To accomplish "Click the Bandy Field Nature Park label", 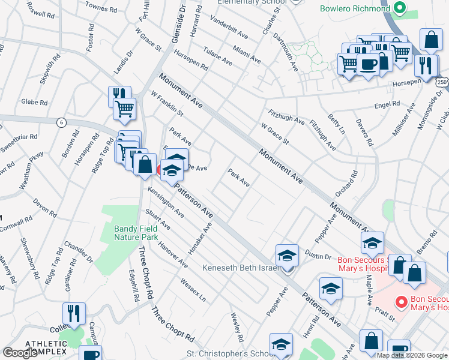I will (136, 233).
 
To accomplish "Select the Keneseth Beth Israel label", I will (241, 268).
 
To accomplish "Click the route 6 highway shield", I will (61, 122).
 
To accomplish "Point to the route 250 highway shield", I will (442, 82).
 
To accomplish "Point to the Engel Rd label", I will (387, 104).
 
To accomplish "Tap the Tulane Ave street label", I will (217, 56).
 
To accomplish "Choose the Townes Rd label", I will (101, 8).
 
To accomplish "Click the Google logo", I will (20, 353).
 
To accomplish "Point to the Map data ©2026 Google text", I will (412, 355).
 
